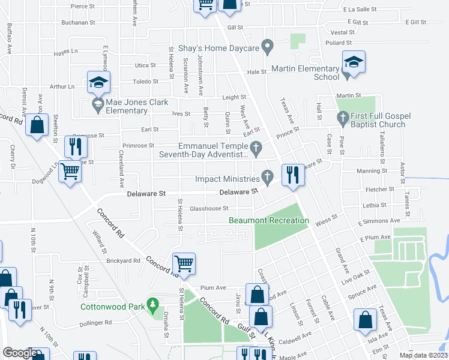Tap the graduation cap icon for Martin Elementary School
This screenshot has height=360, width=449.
[354, 62]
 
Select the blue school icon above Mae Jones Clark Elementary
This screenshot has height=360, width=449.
[98, 83]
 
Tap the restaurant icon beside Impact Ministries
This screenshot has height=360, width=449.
[293, 175]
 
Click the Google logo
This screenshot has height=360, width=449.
[20, 353]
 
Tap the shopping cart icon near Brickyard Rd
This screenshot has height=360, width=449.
[184, 263]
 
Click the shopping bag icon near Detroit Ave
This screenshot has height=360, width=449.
[37, 125]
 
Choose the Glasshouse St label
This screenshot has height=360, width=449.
[209, 209]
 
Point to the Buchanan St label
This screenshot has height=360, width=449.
[79, 23]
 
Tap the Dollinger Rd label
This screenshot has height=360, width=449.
[95, 322]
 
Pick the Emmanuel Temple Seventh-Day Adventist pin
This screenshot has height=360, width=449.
[256, 148]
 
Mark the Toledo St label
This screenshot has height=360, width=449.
[145, 81]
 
